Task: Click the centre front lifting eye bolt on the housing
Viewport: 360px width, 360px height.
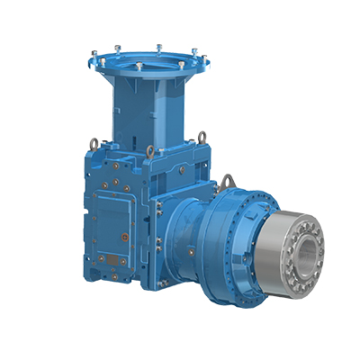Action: click(149, 151)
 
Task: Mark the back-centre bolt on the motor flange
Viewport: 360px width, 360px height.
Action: click(159, 46)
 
